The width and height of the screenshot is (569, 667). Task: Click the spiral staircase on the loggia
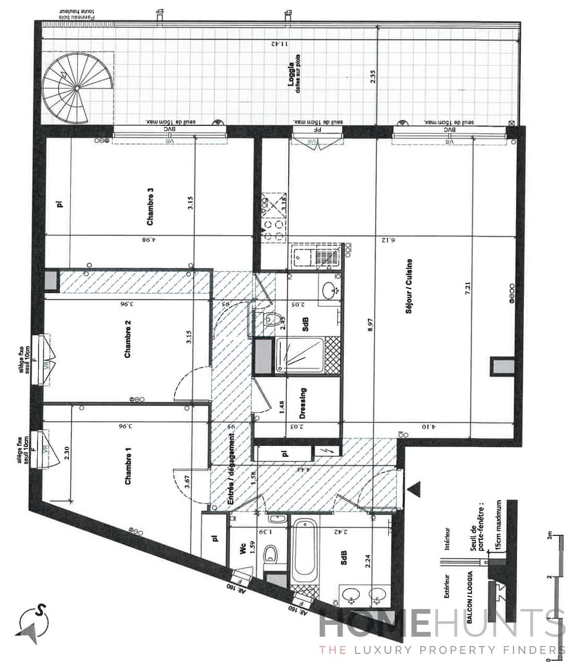pyautogui.click(x=78, y=88)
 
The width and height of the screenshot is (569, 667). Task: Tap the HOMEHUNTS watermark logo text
pyautogui.click(x=441, y=624)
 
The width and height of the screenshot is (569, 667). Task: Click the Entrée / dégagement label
pyautogui.click(x=233, y=470)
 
